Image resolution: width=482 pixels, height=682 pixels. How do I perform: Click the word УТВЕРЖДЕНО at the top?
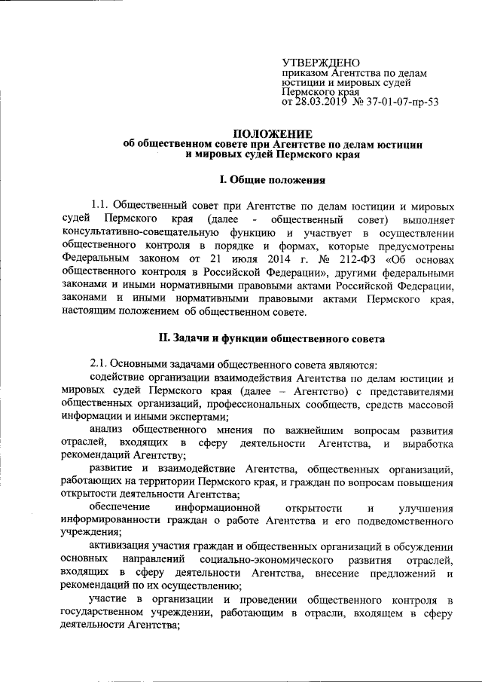pyautogui.click(x=320, y=63)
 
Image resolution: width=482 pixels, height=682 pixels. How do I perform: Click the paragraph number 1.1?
pyautogui.click(x=101, y=206)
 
